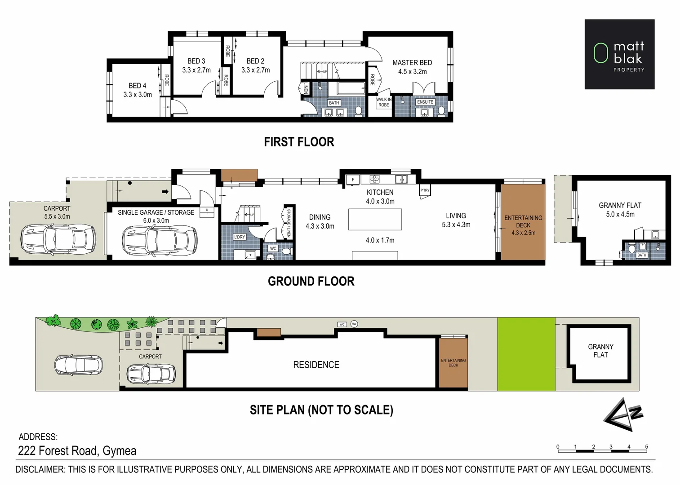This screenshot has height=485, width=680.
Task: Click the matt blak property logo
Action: pyautogui.click(x=619, y=54)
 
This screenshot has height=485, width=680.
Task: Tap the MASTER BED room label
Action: pyautogui.click(x=412, y=63)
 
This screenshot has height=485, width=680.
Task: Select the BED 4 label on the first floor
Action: pyautogui.click(x=137, y=86)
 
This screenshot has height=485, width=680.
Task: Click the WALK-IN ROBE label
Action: pyautogui.click(x=383, y=102)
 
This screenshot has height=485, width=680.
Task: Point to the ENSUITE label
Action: pyautogui.click(x=425, y=102)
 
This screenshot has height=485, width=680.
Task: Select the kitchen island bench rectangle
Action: pyautogui.click(x=375, y=220)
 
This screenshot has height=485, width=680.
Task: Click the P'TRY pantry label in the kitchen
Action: pyautogui.click(x=425, y=190)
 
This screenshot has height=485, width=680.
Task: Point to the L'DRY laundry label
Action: pyautogui.click(x=240, y=237)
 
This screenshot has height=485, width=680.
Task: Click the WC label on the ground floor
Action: pyautogui.click(x=273, y=248)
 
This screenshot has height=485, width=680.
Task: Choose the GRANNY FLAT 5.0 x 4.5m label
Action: pyautogui.click(x=620, y=210)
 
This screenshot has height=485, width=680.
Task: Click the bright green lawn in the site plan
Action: pyautogui.click(x=526, y=354)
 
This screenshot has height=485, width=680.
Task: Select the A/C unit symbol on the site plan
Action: pyautogui.click(x=342, y=324)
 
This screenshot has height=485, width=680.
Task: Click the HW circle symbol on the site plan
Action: pyautogui.click(x=354, y=324)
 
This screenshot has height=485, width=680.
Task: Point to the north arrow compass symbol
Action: pyautogui.click(x=624, y=414)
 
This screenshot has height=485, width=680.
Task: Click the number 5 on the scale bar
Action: pyautogui.click(x=646, y=447)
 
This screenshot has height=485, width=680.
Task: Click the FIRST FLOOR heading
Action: pyautogui.click(x=299, y=142)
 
